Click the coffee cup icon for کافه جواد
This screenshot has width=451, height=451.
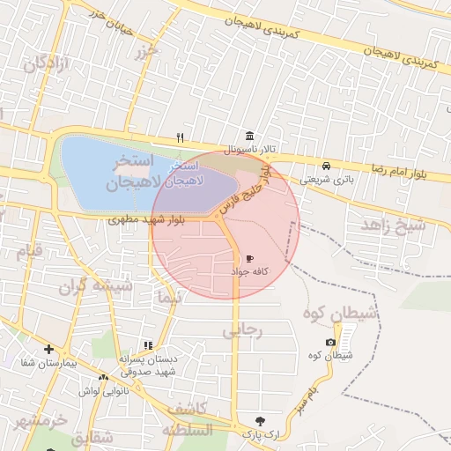click(249, 258)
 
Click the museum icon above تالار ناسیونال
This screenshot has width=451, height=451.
click(251, 137)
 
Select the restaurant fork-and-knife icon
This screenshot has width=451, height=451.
click(181, 137)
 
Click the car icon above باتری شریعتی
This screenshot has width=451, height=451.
click(327, 166)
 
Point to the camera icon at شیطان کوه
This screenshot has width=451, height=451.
click(330, 342)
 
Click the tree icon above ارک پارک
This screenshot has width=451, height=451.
click(259, 420)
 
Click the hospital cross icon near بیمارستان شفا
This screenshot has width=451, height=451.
click(48, 350)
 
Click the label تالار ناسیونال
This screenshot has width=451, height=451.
click(249, 150)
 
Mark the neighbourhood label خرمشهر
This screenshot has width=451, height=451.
click(40, 420)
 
